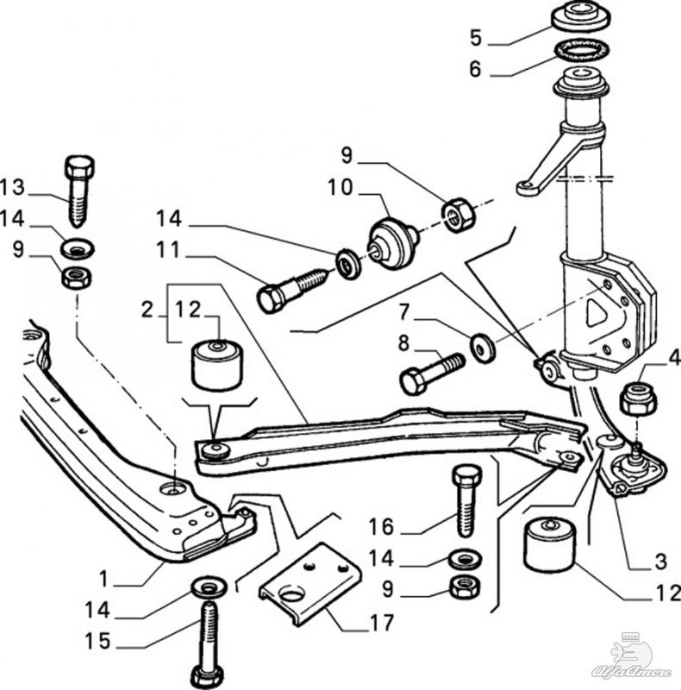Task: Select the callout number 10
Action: [340, 187]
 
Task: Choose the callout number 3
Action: [660, 563]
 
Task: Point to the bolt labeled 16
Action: [465, 499]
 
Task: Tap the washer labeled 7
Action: [481, 347]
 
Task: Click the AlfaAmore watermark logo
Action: [634, 660]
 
